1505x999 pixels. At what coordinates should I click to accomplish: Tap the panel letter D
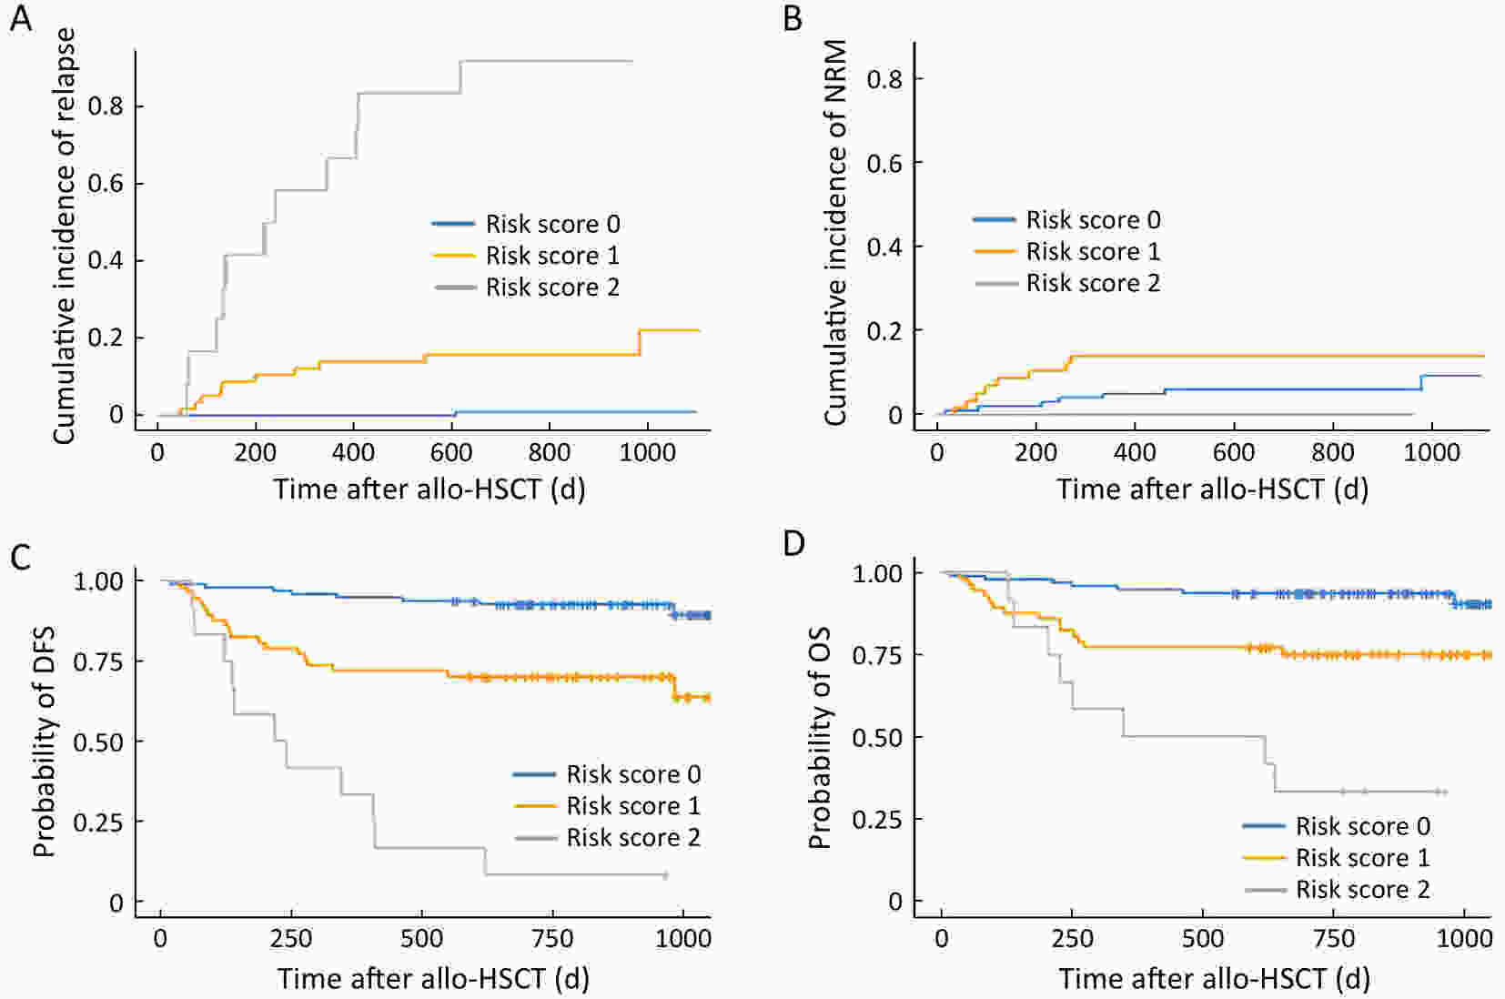coord(793,543)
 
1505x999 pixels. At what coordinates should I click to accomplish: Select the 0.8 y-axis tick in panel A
coord(105,106)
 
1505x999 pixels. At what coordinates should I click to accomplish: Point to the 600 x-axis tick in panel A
coord(451,452)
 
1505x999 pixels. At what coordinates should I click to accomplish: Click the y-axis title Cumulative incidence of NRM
coord(835,233)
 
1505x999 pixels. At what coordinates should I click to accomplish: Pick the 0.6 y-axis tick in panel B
coord(884,163)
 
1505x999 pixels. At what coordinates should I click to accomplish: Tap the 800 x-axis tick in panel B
coord(1332,452)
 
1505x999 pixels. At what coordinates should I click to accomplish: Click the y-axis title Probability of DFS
coord(44,742)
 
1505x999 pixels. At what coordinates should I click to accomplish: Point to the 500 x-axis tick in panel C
coord(422,938)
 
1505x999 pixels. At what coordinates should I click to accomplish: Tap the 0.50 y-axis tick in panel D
coord(877,737)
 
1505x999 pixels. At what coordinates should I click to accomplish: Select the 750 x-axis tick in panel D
coord(1334,938)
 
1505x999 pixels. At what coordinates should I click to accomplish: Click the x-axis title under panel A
coord(429,489)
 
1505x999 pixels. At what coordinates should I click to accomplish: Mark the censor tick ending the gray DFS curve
coord(665,875)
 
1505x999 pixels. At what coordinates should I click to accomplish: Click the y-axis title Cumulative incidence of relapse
coord(64,236)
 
